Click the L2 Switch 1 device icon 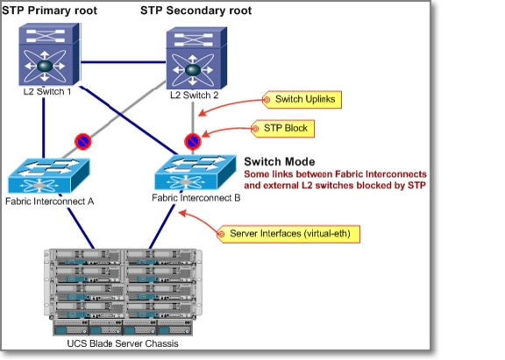coord(49,53)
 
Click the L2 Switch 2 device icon coord(196,58)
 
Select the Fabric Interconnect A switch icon coord(48,176)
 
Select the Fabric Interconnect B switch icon coord(196,173)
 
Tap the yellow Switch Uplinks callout coord(302,99)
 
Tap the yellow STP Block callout coord(282,129)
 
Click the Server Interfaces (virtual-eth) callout coord(288,234)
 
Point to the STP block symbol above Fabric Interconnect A coord(82,142)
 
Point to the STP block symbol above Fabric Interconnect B coord(193,142)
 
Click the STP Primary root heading coord(49,11)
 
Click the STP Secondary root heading coord(196,11)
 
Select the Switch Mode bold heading coord(280,161)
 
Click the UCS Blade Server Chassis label coord(123,343)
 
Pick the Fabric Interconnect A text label coord(50,201)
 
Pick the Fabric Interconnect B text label coord(196,198)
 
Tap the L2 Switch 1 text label coord(47,92)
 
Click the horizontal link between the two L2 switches coord(123,62)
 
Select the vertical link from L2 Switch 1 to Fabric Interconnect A coord(44,128)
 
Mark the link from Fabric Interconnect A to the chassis coord(81,228)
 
